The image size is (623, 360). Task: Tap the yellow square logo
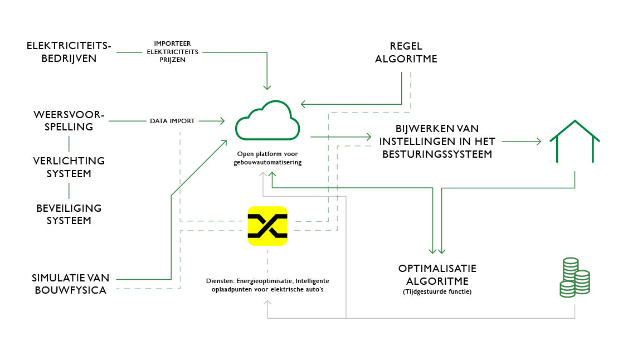tap(267, 226)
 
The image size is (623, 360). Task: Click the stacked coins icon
tap(575, 277)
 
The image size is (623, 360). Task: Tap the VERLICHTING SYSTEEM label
tap(69, 167)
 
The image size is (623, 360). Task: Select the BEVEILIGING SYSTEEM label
tap(69, 213)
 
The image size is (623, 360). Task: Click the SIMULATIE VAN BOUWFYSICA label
tap(69, 283)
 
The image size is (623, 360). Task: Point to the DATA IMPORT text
tap(172, 121)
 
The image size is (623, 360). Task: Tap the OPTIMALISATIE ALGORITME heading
tap(437, 274)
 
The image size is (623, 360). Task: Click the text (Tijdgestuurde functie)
tap(437, 291)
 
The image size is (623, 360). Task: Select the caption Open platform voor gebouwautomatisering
tap(267, 157)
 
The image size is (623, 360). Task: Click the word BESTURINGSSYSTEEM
tap(437, 154)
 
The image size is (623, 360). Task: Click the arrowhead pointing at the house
tap(538, 142)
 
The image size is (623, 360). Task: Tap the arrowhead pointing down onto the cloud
tap(267, 86)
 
